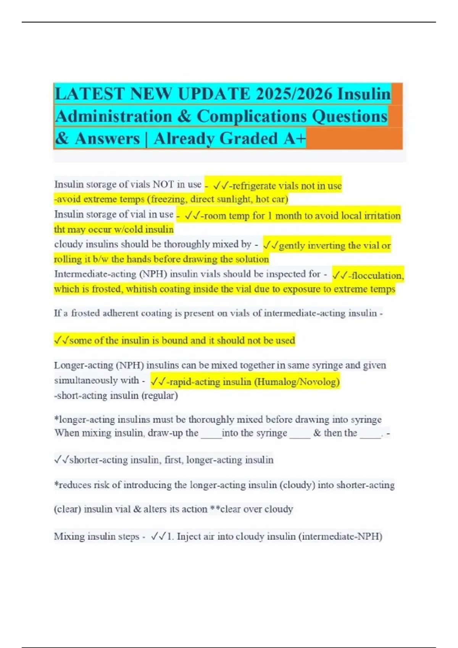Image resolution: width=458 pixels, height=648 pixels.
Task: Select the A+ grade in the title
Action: point(295,138)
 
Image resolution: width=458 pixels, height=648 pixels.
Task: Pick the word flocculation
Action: point(377,275)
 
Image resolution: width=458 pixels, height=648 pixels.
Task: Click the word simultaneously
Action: point(96,380)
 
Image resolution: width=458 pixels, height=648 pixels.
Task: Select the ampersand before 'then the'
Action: point(317,433)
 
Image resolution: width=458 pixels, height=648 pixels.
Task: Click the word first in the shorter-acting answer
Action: point(173,460)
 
